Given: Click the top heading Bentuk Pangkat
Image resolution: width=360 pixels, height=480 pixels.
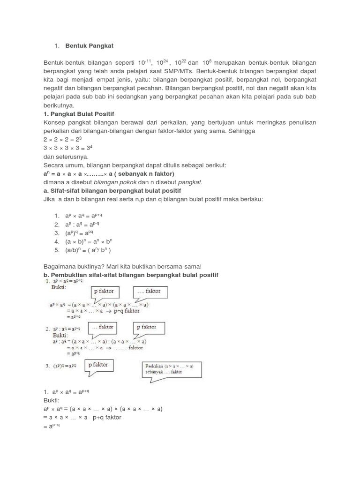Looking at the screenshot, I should (89, 45).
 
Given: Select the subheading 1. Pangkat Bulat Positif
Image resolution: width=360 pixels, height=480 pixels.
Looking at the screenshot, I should (79, 114).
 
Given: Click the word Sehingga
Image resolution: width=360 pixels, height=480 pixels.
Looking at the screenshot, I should (242, 131).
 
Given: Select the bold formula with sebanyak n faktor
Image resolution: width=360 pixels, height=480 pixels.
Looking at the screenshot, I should (108, 173).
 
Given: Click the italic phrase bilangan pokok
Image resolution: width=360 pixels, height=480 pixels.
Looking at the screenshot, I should (112, 182).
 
